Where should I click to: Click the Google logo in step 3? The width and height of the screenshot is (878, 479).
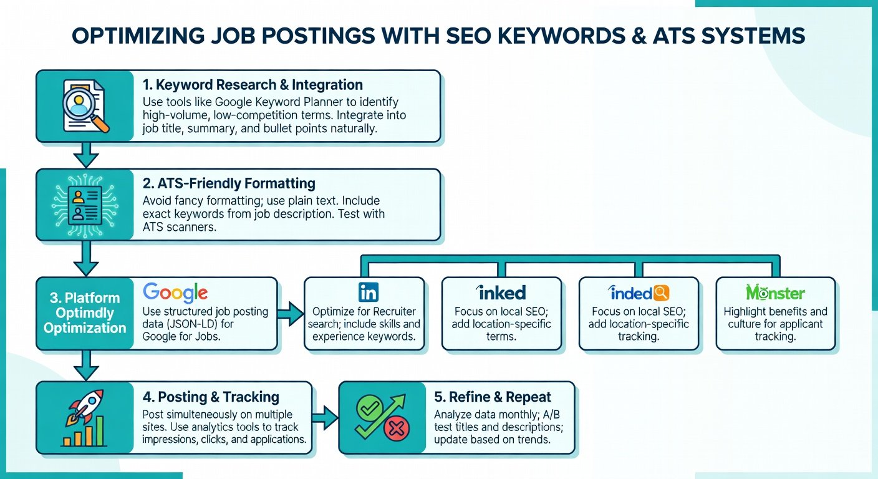pos(175,293)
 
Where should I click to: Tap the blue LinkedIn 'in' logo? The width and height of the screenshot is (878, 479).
pos(369,293)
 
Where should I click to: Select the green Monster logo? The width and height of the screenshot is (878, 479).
pos(775,293)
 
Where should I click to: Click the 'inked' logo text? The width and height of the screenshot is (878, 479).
pos(501,293)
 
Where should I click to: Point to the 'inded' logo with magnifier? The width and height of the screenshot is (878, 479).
pos(639,293)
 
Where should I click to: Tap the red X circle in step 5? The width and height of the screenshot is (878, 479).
pos(396,428)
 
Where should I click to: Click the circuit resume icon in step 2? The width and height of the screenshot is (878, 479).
pos(85,205)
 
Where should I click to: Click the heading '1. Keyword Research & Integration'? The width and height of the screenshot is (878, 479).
pos(253,85)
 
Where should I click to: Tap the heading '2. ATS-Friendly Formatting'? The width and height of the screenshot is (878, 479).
pos(229,183)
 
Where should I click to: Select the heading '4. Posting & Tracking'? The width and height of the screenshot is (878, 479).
pos(211,397)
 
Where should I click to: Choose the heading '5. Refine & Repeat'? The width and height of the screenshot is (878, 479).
pos(492,397)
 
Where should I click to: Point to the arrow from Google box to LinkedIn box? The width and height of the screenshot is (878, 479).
pos(291,314)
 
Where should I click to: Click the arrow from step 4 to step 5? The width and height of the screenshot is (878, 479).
pos(325,417)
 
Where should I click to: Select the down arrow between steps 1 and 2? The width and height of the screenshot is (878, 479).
pos(86,155)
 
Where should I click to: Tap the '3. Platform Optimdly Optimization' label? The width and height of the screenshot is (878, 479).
pos(85,313)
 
